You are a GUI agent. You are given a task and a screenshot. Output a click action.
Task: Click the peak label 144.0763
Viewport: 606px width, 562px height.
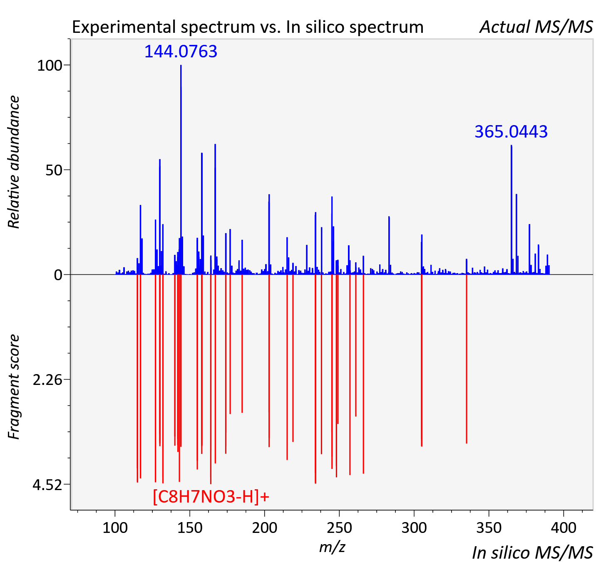pyautogui.click(x=181, y=51)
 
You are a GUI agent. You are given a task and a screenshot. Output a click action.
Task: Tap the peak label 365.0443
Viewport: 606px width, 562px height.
pyautogui.click(x=511, y=132)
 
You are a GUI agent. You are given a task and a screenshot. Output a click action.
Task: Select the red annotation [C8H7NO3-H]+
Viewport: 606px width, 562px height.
pyautogui.click(x=211, y=496)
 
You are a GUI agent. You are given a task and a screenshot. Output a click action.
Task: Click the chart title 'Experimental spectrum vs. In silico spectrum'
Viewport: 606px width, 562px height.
pyautogui.click(x=248, y=27)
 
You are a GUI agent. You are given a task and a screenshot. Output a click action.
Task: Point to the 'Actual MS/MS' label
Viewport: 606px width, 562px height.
pyautogui.click(x=536, y=27)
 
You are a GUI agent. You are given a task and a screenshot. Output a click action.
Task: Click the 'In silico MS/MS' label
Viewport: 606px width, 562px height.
pyautogui.click(x=532, y=552)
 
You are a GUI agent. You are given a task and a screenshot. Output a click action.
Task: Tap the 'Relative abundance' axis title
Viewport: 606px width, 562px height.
pyautogui.click(x=14, y=162)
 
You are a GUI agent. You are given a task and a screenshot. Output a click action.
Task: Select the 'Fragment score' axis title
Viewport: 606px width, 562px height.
pyautogui.click(x=14, y=387)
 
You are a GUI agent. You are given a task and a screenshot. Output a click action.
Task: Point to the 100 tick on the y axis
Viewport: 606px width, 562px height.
pyautogui.click(x=50, y=66)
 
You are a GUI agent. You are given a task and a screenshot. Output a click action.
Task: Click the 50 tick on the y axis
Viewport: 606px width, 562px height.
pyautogui.click(x=54, y=170)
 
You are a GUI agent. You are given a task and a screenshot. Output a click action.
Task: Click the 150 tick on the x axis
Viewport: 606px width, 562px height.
pyautogui.click(x=190, y=527)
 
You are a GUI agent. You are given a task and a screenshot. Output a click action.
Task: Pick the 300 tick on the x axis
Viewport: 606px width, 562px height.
pyautogui.click(x=414, y=527)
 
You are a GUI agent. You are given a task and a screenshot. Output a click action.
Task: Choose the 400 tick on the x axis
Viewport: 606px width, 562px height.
pyautogui.click(x=564, y=527)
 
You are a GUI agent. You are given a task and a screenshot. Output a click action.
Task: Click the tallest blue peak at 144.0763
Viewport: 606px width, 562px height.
pyautogui.click(x=181, y=170)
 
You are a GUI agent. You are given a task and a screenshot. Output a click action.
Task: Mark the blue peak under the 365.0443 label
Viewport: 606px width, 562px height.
pyautogui.click(x=512, y=210)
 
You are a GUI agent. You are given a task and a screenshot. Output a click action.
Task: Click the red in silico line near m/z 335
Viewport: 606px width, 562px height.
pyautogui.click(x=467, y=359)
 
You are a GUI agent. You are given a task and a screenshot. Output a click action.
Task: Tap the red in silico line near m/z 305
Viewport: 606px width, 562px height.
pyautogui.click(x=422, y=360)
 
